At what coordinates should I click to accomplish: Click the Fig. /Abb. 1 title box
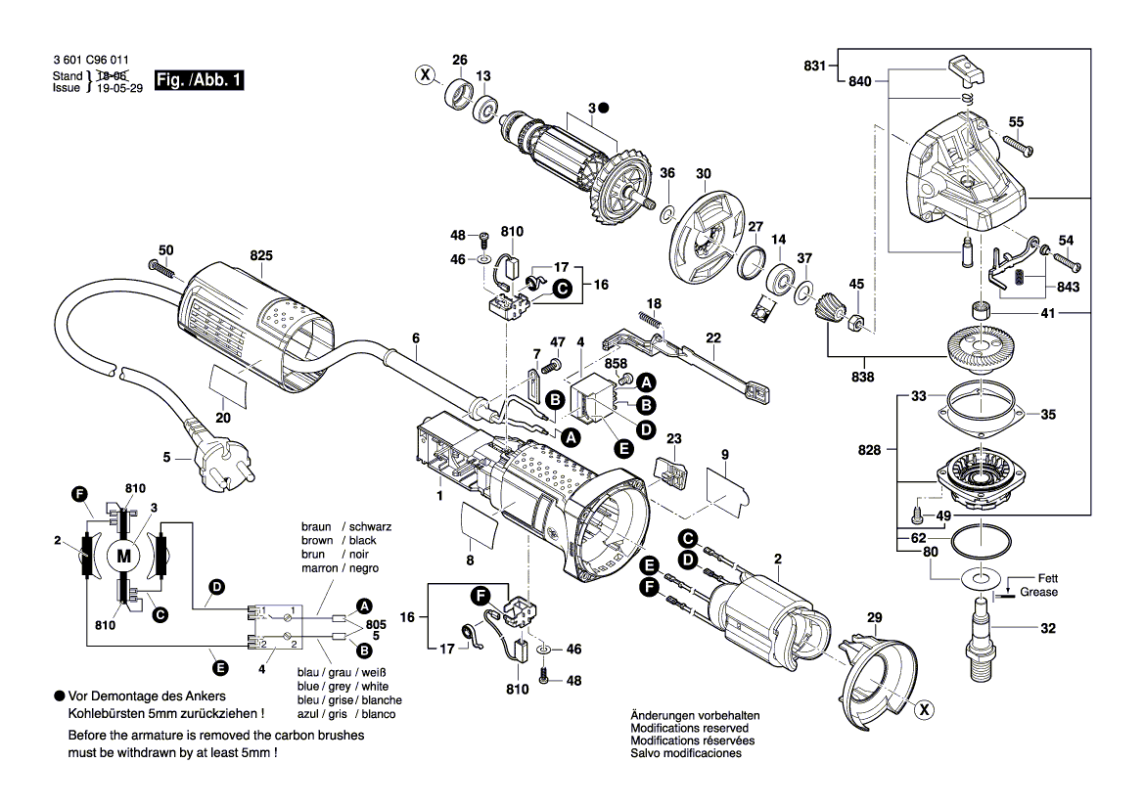click(x=199, y=80)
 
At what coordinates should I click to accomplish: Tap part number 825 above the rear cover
click(x=260, y=255)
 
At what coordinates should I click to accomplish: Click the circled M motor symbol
click(x=123, y=556)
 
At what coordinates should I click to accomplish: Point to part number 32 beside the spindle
click(x=1048, y=629)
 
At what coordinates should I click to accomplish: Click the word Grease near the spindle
click(x=1038, y=592)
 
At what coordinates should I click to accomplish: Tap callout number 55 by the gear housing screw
click(x=1016, y=121)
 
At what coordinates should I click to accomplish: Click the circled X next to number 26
click(x=425, y=74)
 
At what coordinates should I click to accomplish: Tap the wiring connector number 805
click(x=376, y=623)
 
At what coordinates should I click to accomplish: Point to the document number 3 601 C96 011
click(x=91, y=61)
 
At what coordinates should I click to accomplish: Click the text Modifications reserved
click(x=690, y=729)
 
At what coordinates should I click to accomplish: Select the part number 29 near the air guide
click(x=874, y=617)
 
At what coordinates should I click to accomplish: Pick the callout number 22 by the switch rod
click(x=713, y=337)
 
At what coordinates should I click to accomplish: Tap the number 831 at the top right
click(x=814, y=67)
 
